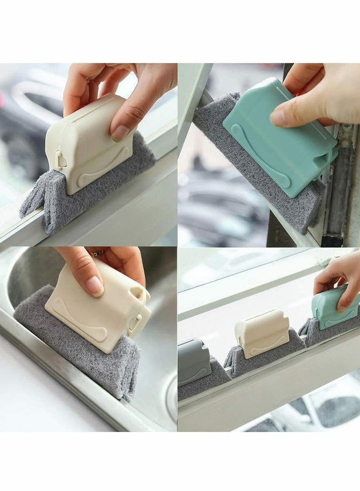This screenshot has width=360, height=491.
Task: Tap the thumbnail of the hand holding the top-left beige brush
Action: coord(120,133)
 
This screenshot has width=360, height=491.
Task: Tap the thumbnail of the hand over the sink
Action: coord(94,285)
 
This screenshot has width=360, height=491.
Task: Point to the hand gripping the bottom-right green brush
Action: coord(340,279)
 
